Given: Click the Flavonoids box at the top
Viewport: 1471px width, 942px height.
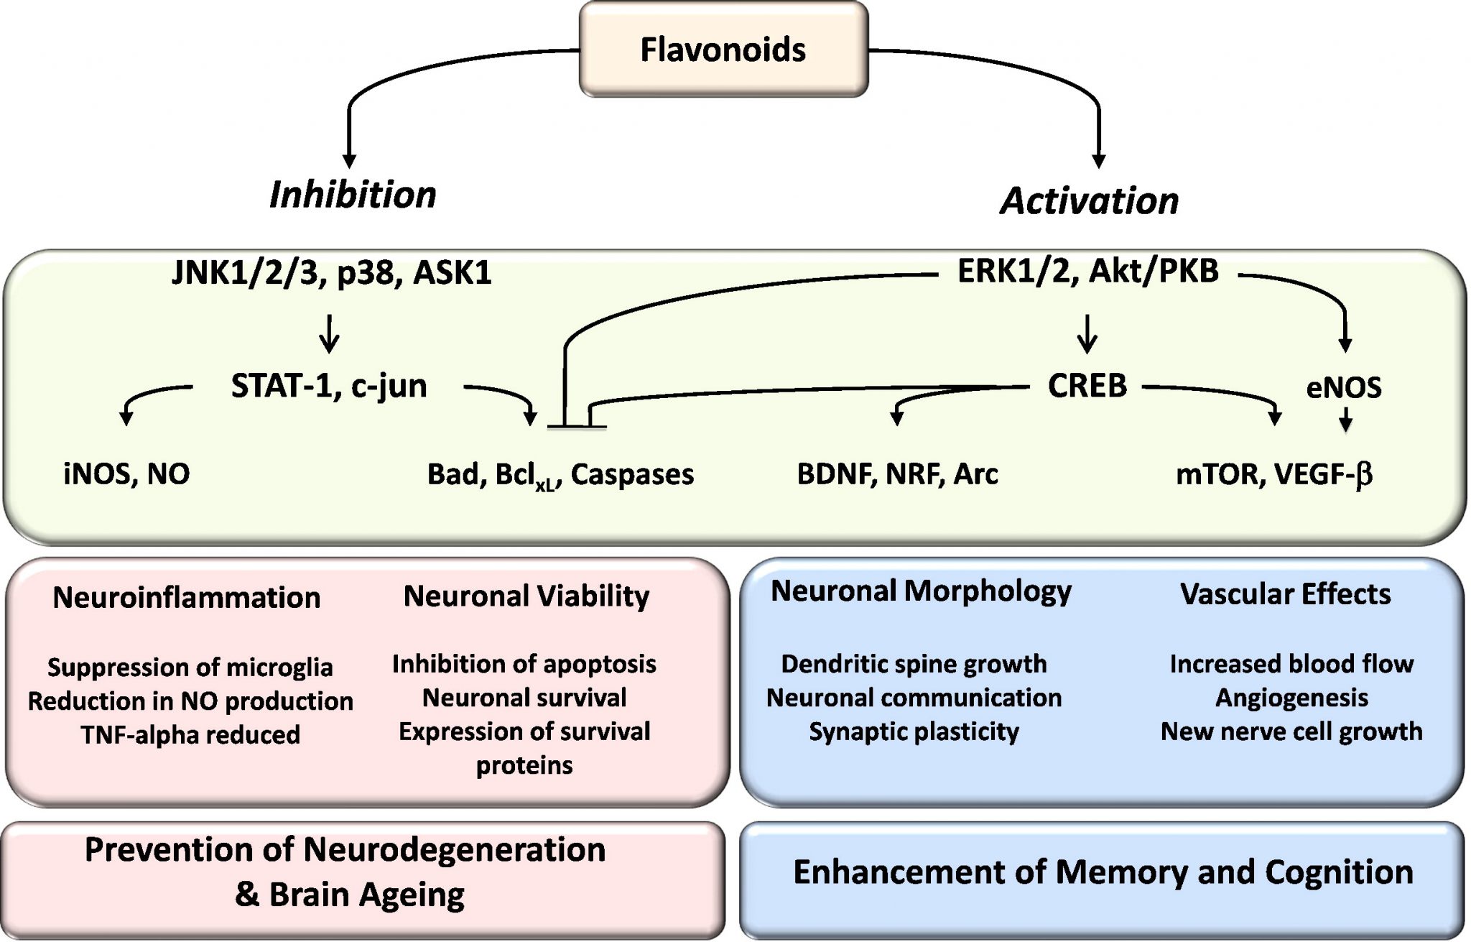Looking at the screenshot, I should click(x=723, y=50).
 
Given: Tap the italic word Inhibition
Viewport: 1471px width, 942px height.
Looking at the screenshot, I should click(x=353, y=195).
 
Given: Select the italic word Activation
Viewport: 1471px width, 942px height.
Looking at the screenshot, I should click(x=1089, y=200).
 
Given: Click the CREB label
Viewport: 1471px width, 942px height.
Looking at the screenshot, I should click(x=1087, y=386).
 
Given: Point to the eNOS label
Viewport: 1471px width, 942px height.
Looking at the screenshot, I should click(x=1343, y=388).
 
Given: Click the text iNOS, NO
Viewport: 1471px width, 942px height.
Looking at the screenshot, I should click(x=126, y=474).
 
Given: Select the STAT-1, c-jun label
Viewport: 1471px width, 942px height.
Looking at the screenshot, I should click(x=329, y=386).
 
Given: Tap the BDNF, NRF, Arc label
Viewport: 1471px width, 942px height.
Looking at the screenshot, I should click(x=897, y=474).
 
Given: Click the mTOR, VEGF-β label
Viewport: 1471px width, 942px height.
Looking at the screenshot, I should click(x=1273, y=474).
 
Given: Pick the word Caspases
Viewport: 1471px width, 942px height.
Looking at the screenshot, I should click(x=632, y=474).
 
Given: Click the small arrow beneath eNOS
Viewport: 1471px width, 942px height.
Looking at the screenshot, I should click(x=1346, y=419).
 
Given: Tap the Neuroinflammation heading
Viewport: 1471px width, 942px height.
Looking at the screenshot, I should click(x=186, y=598).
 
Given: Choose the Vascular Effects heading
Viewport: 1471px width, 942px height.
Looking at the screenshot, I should click(x=1285, y=594).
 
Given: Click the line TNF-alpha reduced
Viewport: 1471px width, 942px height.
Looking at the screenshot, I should click(x=190, y=735).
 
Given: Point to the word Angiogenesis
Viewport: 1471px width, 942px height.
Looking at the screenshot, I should click(x=1291, y=698).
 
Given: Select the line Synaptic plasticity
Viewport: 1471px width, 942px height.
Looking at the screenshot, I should click(x=914, y=731).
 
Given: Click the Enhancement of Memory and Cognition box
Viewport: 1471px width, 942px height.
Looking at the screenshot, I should click(x=1103, y=872).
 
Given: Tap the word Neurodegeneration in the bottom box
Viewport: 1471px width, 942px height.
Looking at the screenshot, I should click(x=454, y=849).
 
